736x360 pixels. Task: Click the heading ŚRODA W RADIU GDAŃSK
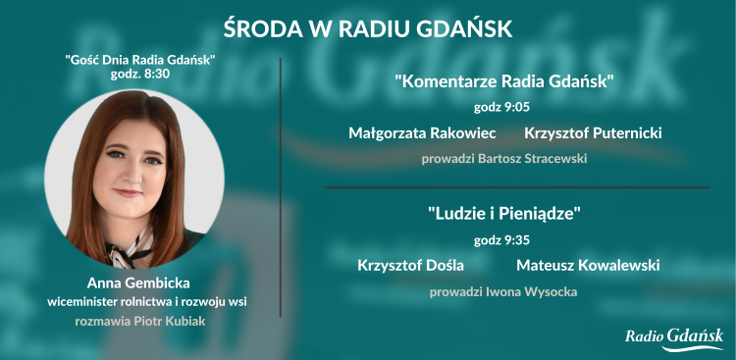368,26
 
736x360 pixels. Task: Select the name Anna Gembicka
139,283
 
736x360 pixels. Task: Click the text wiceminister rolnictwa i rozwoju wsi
139,301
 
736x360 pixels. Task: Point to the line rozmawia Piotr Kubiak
139,320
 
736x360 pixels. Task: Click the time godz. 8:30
139,74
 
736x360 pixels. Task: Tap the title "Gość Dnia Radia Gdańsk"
139,59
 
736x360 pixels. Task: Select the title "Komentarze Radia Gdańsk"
504,81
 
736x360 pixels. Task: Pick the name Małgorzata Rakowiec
422,132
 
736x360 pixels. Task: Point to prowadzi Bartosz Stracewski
504,157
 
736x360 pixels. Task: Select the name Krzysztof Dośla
410,265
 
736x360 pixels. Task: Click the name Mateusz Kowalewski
587,265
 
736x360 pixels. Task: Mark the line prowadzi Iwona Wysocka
504,291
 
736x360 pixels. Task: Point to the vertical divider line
281,186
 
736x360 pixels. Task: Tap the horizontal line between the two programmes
515,186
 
